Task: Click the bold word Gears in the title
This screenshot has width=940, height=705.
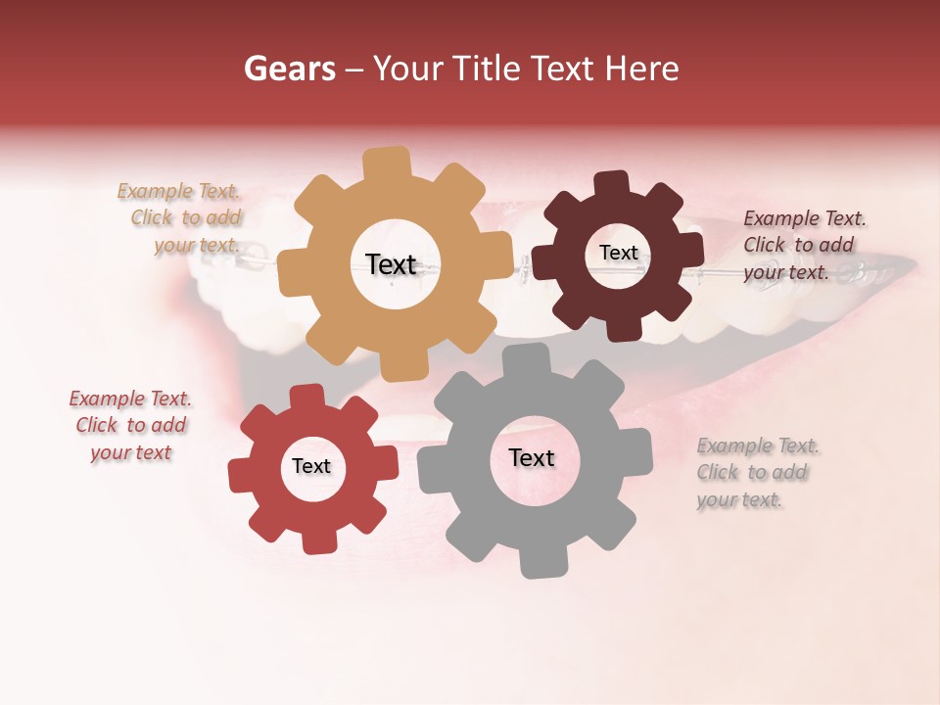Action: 289,69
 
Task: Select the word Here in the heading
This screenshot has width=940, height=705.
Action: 642,69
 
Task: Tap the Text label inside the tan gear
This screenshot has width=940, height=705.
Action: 391,264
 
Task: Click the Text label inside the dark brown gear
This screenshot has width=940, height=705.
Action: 618,253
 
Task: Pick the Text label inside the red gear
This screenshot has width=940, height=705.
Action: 311,466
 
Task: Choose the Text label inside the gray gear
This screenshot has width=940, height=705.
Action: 532,457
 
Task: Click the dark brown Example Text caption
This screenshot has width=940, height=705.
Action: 804,245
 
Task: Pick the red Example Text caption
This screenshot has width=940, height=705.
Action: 130,425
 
